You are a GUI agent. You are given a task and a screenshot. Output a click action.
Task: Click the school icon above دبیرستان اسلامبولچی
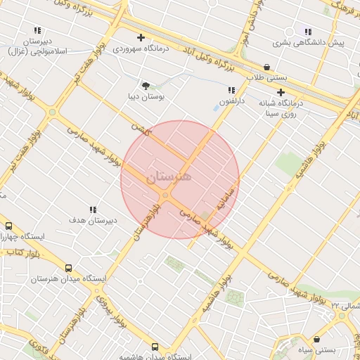coord(37,31)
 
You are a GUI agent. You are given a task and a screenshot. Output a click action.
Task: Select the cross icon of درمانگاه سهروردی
coord(141,37)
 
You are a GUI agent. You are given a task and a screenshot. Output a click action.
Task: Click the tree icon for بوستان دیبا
coord(146,86)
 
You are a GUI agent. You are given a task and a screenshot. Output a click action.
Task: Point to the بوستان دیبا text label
coord(146,98)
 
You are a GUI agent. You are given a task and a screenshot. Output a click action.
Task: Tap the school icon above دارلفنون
coord(231,90)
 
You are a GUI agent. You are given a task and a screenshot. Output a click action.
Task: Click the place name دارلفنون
coord(232,103)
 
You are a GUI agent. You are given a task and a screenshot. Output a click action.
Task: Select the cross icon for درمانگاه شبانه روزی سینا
coord(281,92)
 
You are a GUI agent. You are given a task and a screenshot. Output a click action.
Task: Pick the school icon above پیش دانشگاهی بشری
coord(307,31)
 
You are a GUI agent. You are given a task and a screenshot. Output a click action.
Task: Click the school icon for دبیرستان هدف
coord(93,209)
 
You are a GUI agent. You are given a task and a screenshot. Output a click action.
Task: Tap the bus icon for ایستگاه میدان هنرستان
coord(68,268)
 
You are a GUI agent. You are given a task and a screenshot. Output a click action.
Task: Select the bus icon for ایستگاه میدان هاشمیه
coord(155,347)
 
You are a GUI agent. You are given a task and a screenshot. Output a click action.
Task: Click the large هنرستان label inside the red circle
coord(169,178)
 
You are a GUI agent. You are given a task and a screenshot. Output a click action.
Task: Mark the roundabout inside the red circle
coord(166,195)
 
